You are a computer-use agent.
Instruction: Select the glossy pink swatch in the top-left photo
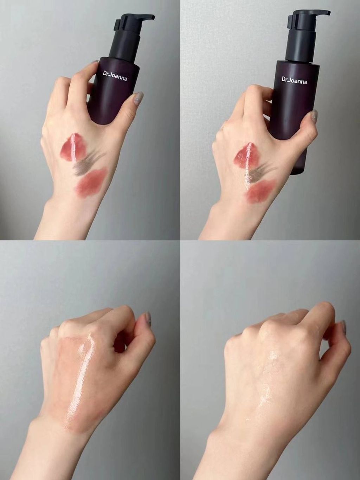pos(72,146)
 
